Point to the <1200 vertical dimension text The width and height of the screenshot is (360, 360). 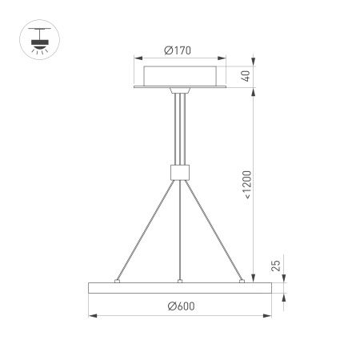point(248,184)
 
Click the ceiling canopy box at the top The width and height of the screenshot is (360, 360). point(180,78)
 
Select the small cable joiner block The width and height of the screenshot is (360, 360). point(180,171)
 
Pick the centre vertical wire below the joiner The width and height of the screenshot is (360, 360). point(180,232)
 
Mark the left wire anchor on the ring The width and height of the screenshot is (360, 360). point(118,281)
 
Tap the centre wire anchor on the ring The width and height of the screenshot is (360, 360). point(180,281)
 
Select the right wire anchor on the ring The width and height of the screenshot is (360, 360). point(242,281)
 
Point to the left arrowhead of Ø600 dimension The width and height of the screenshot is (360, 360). point(90,315)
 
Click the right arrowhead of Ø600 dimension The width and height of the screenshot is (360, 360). point(270,315)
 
